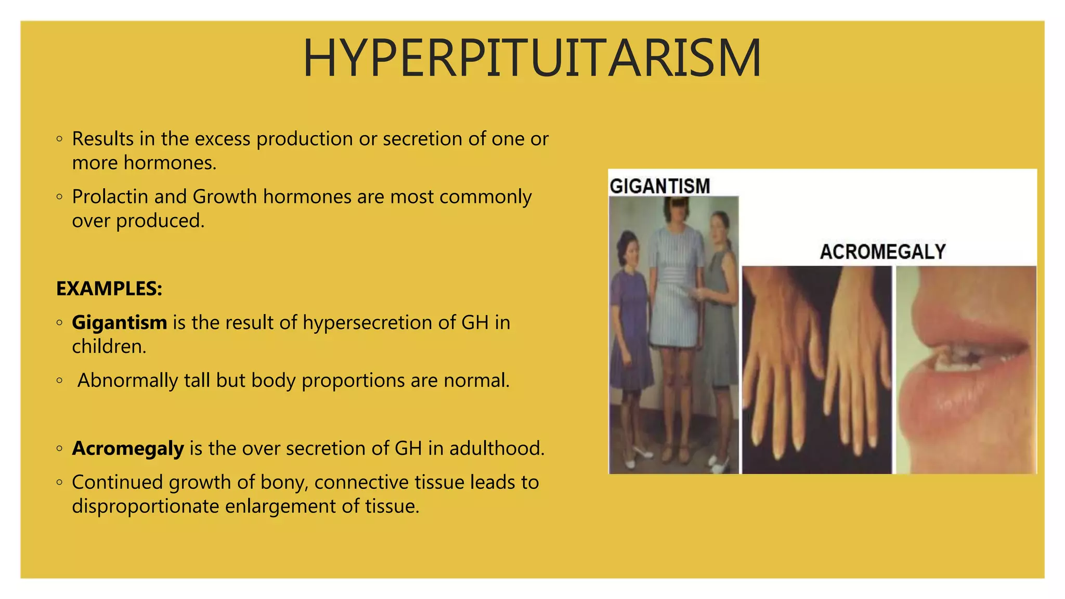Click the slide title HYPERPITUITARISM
point(532,58)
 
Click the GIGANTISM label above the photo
point(659,186)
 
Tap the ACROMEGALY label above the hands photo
point(882,252)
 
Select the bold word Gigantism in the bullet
point(119,323)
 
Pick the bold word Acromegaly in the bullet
point(128,448)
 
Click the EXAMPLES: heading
point(109,289)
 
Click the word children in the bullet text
point(109,347)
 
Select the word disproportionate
point(145,506)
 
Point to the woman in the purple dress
point(629,322)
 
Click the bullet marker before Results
point(59,139)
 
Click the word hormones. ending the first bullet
point(170,163)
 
